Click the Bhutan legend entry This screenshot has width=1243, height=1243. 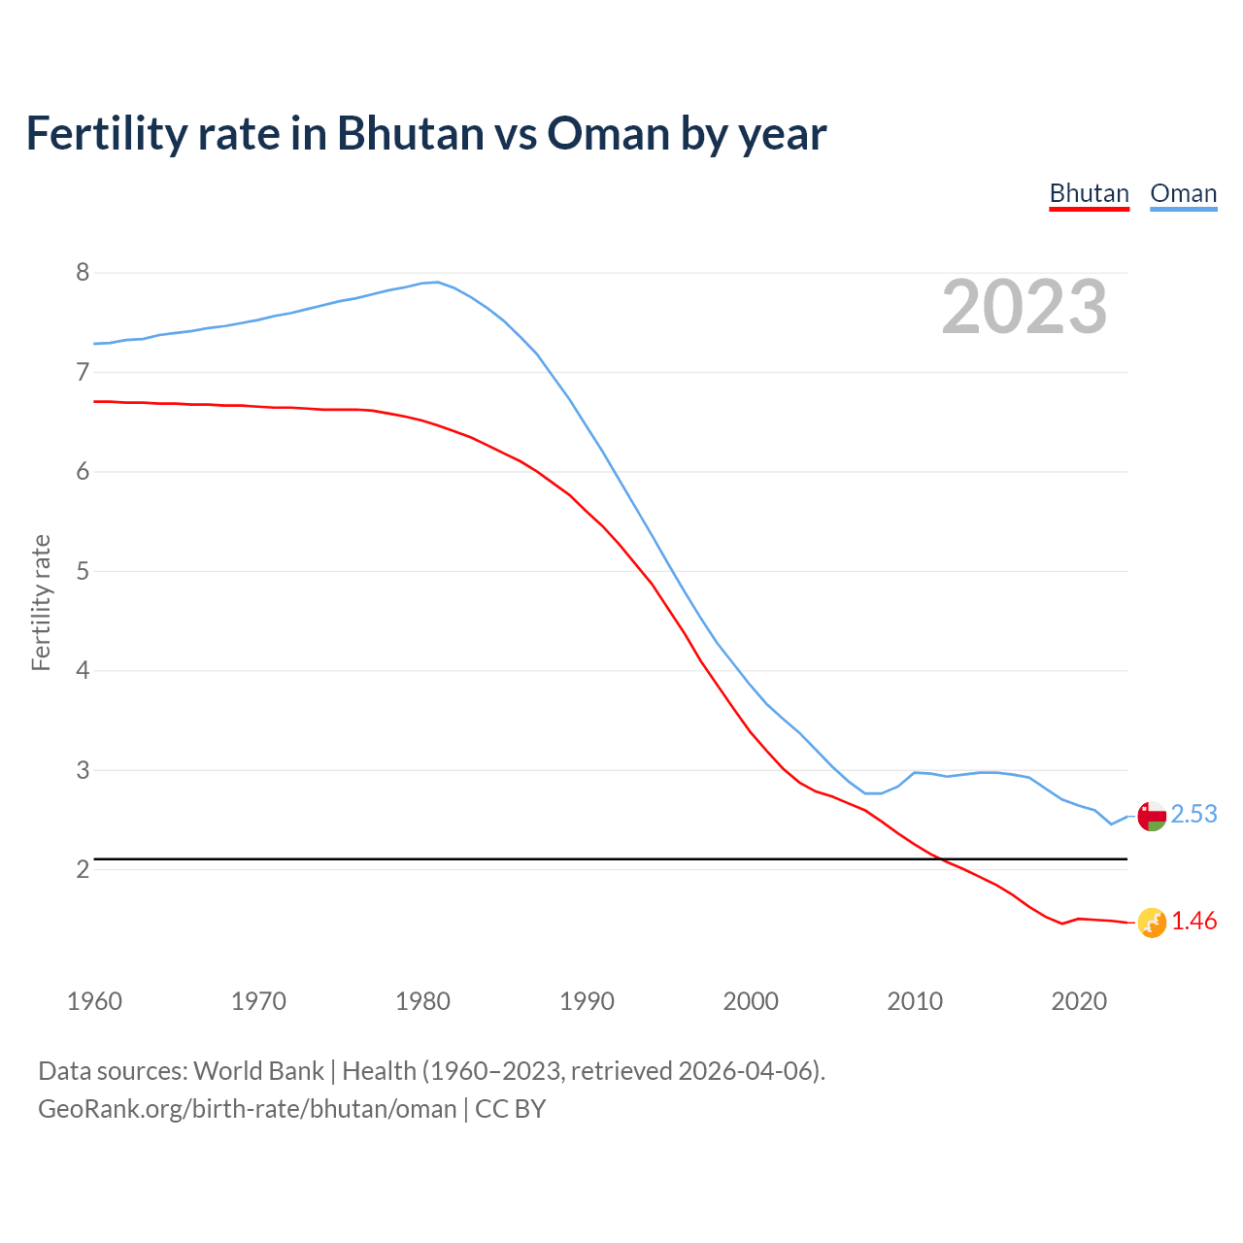(1089, 193)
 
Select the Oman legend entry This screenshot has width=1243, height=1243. (1183, 193)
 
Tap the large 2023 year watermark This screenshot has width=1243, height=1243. (1024, 307)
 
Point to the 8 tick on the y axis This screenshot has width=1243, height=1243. (83, 272)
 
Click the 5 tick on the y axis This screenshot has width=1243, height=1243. (83, 571)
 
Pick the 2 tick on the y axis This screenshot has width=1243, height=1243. (83, 869)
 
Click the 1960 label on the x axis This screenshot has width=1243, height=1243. (94, 1001)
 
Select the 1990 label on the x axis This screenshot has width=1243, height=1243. (587, 1001)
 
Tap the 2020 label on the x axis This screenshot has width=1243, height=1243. (1079, 1001)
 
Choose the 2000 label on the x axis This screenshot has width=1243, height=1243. (751, 1001)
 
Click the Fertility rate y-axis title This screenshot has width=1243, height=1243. (41, 602)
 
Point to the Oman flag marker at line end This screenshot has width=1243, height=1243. (1151, 816)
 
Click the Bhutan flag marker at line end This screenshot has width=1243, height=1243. (1151, 923)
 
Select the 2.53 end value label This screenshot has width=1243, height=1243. (1193, 814)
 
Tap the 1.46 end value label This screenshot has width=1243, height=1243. (1193, 922)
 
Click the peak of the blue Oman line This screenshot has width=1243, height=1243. (437, 282)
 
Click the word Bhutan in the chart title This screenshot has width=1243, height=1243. (410, 133)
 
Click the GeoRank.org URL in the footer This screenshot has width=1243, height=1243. (247, 1109)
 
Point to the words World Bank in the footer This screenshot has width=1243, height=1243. (258, 1071)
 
